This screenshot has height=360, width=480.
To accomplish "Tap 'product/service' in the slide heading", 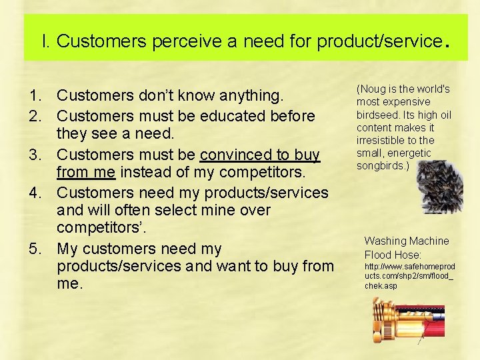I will tap(379, 41).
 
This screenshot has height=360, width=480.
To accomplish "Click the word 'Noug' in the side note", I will tap(373, 89).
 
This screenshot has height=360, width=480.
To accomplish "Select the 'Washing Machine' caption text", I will tap(407, 241).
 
